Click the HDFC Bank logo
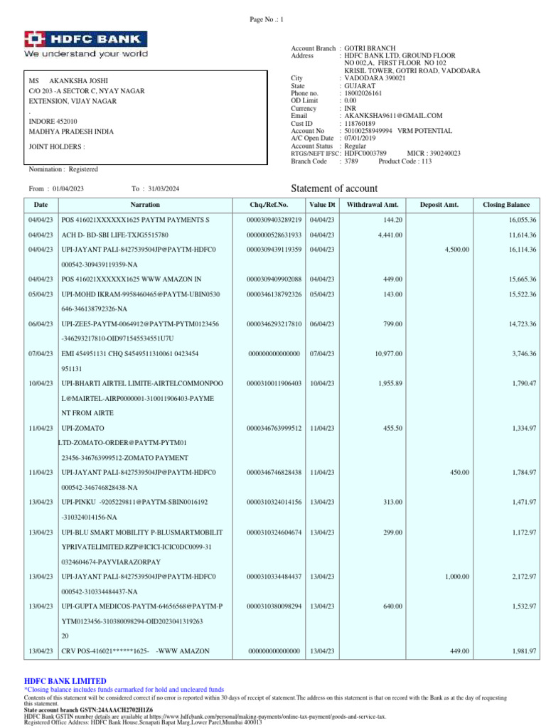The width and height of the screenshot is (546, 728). [86, 38]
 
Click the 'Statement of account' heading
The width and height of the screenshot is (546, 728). [334, 188]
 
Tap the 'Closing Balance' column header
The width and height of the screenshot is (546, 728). [505, 205]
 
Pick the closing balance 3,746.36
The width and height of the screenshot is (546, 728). [521, 353]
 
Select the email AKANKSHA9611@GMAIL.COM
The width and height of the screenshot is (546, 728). [393, 115]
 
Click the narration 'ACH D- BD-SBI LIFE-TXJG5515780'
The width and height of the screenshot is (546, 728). [118, 235]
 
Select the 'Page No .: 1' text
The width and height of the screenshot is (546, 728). [266, 19]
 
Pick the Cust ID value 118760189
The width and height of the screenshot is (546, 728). [362, 123]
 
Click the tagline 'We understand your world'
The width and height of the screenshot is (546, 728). [86, 54]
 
